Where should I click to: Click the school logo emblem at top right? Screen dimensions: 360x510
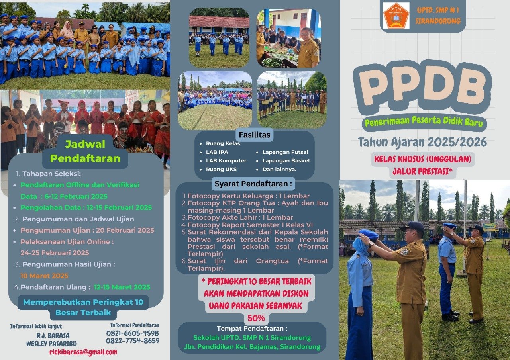point(396,16)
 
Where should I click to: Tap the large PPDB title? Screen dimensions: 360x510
point(422,87)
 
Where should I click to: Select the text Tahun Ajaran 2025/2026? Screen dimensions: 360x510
point(422,142)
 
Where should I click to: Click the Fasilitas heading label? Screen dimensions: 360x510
point(255,135)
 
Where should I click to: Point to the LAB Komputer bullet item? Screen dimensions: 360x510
point(226,160)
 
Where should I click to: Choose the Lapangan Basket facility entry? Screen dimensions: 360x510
point(286,160)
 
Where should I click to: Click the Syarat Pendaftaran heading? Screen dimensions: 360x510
point(253,184)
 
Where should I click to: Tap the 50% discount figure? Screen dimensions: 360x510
point(256,318)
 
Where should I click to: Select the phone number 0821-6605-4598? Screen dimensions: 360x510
point(132,333)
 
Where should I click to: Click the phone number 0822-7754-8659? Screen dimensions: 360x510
point(132,341)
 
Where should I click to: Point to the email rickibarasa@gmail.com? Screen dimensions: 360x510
point(83,352)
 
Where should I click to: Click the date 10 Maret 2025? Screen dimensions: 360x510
point(44,276)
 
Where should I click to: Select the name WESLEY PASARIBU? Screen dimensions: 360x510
point(52,343)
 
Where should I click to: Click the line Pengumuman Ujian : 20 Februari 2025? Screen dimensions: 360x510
point(87,230)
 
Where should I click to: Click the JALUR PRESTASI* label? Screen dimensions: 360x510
point(422,171)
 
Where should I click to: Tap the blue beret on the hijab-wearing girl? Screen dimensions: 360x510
point(369,234)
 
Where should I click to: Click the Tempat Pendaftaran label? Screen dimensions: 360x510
point(252,329)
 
